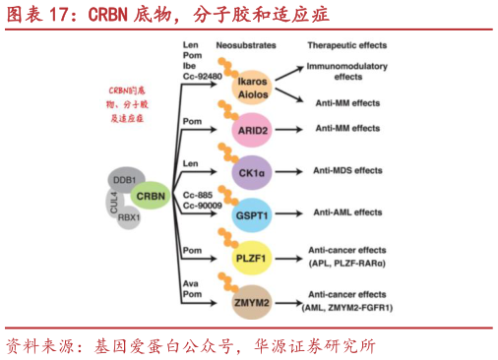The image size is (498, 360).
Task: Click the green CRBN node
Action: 151,196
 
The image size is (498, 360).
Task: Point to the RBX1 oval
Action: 128,217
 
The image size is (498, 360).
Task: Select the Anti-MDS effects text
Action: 347,171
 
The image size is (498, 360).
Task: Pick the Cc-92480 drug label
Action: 202,77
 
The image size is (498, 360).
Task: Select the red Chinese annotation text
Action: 127,102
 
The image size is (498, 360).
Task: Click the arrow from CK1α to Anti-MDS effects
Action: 292,171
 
